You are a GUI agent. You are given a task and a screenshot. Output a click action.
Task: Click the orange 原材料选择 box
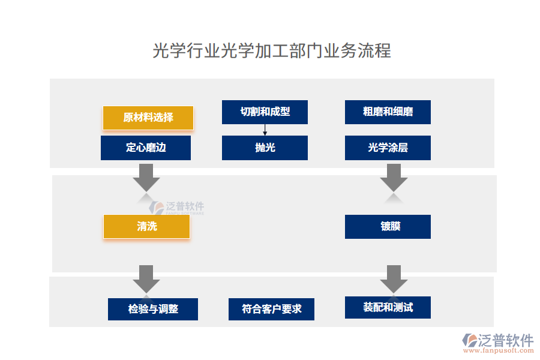pyautogui.click(x=148, y=118)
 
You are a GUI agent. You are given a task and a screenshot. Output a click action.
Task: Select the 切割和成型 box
pyautogui.click(x=265, y=112)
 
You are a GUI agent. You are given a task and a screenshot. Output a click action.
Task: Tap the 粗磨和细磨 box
pyautogui.click(x=388, y=112)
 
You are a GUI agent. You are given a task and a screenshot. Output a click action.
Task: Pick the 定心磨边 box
pyautogui.click(x=146, y=148)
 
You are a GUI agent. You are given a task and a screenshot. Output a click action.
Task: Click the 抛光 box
pyautogui.click(x=265, y=148)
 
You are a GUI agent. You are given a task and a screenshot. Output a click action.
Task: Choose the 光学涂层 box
pyautogui.click(x=388, y=148)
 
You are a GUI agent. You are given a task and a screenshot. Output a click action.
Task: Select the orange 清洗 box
pyautogui.click(x=146, y=227)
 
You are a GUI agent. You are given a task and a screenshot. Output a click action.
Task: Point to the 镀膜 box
pyautogui.click(x=388, y=227)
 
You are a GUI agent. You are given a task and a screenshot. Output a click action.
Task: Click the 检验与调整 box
pyautogui.click(x=153, y=309)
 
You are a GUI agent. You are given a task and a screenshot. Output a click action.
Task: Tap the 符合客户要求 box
pyautogui.click(x=271, y=309)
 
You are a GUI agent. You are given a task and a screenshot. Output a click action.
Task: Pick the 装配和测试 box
pyautogui.click(x=388, y=307)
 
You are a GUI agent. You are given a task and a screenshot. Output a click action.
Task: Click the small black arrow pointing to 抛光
pyautogui.click(x=265, y=130)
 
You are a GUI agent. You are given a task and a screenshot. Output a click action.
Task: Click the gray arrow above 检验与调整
pyautogui.click(x=146, y=278)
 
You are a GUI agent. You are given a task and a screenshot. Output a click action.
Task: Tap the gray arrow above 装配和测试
pyautogui.click(x=394, y=278)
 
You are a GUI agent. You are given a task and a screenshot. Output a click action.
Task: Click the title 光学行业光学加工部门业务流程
pyautogui.click(x=271, y=50)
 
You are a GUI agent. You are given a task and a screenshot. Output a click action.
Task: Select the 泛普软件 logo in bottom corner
pyautogui.click(x=498, y=340)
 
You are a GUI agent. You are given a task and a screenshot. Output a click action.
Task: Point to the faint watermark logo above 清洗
pyautogui.click(x=176, y=208)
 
